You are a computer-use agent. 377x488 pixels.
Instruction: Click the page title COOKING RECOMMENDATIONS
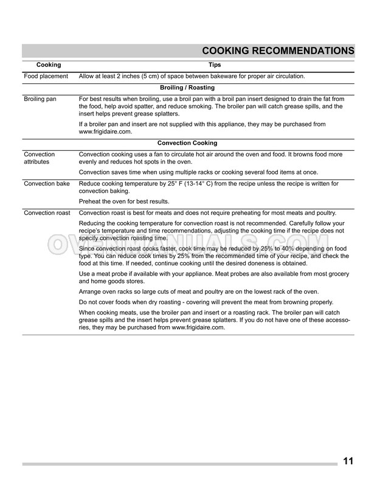(278, 50)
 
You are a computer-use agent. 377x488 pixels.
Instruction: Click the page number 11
(348, 461)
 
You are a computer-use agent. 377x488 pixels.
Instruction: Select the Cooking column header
(49, 64)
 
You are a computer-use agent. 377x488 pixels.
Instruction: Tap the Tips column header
(214, 64)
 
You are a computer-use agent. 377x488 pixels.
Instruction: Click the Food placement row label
(46, 76)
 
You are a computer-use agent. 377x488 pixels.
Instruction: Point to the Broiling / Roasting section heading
(187, 88)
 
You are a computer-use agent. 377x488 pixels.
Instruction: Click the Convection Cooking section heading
(187, 143)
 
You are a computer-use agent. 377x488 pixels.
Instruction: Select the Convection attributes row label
(39, 158)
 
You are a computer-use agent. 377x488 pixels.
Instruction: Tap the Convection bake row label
(46, 183)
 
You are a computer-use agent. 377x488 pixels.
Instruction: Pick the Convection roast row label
(47, 212)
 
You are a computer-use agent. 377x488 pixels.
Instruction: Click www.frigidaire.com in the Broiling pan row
(105, 131)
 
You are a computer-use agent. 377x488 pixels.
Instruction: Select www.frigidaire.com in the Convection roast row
(198, 327)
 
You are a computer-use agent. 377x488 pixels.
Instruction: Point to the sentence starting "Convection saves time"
(198, 172)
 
